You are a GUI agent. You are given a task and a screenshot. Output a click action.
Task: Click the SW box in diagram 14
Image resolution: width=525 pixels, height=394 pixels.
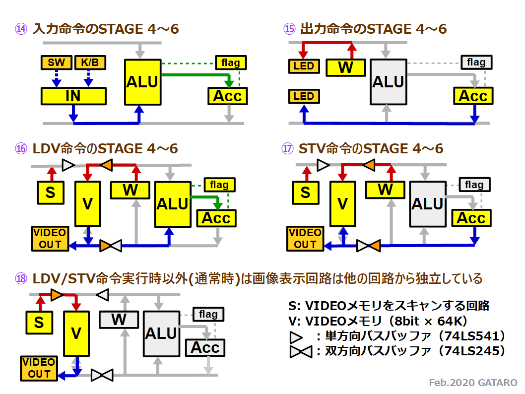(56, 63)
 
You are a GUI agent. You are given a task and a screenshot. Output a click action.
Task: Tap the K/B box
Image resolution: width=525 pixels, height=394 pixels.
(90, 63)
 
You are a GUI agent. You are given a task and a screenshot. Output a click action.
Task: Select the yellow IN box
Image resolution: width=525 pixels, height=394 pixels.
(73, 96)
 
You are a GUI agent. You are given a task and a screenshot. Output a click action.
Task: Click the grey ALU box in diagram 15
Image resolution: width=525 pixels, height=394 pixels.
(389, 82)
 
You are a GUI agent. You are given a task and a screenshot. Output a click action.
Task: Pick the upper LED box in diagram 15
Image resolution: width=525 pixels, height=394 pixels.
(304, 66)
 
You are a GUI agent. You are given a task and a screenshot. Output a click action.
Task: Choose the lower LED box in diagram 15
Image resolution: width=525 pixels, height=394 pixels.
(304, 96)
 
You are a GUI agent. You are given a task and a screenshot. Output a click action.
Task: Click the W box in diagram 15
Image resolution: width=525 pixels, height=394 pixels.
(346, 67)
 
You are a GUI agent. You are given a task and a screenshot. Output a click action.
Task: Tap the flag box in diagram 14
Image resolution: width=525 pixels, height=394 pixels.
(231, 63)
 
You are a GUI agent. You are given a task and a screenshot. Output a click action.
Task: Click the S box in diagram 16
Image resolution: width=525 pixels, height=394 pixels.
(51, 193)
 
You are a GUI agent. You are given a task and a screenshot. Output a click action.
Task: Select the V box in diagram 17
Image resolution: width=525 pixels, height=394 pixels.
(342, 204)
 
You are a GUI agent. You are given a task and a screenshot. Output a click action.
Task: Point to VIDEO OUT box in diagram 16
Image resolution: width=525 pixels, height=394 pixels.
(50, 239)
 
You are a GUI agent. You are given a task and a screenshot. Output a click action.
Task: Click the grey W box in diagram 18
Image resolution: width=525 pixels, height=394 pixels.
(119, 320)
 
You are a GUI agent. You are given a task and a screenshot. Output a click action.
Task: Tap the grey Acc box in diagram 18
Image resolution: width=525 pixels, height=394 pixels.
(205, 348)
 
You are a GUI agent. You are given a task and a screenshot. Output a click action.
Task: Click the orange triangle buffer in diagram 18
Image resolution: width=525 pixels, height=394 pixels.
(57, 295)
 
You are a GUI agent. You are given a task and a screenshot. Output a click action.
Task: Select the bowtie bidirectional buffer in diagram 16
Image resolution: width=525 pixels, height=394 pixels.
(111, 246)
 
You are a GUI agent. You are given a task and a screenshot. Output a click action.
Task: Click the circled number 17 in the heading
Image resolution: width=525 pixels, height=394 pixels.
(287, 148)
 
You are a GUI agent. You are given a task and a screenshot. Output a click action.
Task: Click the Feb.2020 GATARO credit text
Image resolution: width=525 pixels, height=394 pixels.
(473, 383)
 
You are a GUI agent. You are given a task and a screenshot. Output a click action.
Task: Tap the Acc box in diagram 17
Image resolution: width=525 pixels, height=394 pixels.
(471, 218)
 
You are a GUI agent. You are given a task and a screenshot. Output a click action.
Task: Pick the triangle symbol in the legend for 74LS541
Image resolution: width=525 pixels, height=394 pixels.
(296, 337)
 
